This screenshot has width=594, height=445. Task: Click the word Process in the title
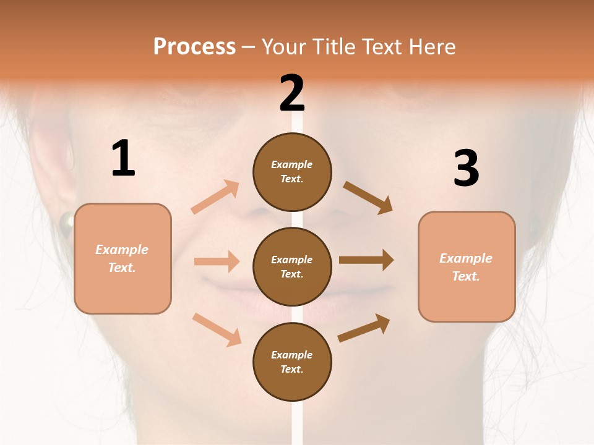pyautogui.click(x=194, y=46)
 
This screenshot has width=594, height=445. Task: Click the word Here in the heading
pyautogui.click(x=432, y=46)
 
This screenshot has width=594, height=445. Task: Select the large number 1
pyautogui.click(x=123, y=159)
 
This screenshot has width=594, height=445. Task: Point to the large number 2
pyautogui.click(x=292, y=93)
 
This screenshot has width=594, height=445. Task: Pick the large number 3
pyautogui.click(x=466, y=169)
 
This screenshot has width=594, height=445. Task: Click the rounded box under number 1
pyautogui.click(x=123, y=258)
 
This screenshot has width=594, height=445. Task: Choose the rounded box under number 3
pyautogui.click(x=467, y=267)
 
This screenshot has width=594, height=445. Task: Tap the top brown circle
pyautogui.click(x=292, y=171)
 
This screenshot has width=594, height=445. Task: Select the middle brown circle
pyautogui.click(x=292, y=266)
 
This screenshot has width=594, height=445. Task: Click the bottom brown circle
pyautogui.click(x=292, y=362)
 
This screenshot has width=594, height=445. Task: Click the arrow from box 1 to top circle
pyautogui.click(x=215, y=197)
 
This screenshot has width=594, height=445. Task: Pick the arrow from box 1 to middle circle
pyautogui.click(x=217, y=261)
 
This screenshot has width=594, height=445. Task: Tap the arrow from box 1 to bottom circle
pyautogui.click(x=217, y=329)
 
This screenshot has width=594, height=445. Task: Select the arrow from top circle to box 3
pyautogui.click(x=368, y=197)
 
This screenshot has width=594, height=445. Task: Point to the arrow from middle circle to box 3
pyautogui.click(x=366, y=260)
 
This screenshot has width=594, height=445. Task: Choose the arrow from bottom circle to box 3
pyautogui.click(x=364, y=328)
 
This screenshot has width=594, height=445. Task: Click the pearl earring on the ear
pyautogui.click(x=66, y=220)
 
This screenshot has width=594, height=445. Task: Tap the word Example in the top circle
pyautogui.click(x=292, y=164)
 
